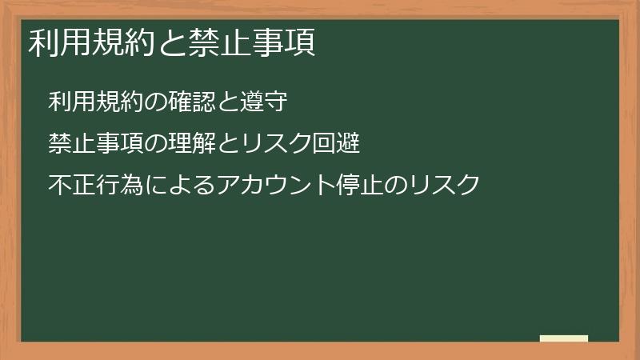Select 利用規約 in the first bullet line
click(95, 102)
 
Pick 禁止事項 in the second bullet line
click(95, 144)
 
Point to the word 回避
click(336, 144)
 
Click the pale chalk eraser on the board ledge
click(564, 338)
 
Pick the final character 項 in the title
click(300, 43)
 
